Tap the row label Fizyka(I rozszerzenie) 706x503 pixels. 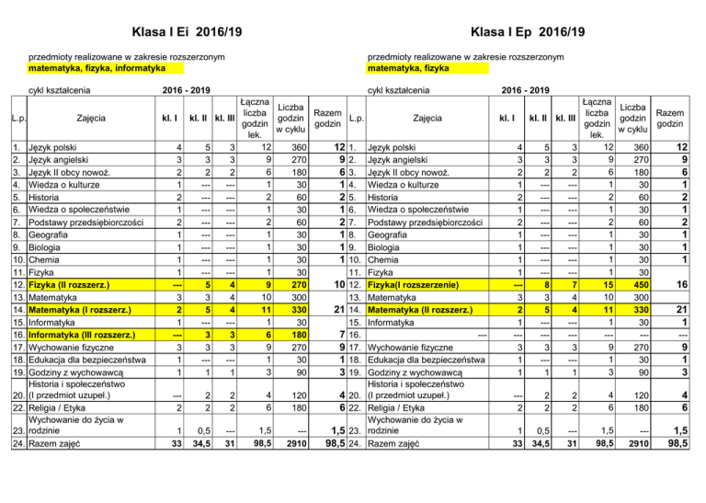[419, 285]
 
